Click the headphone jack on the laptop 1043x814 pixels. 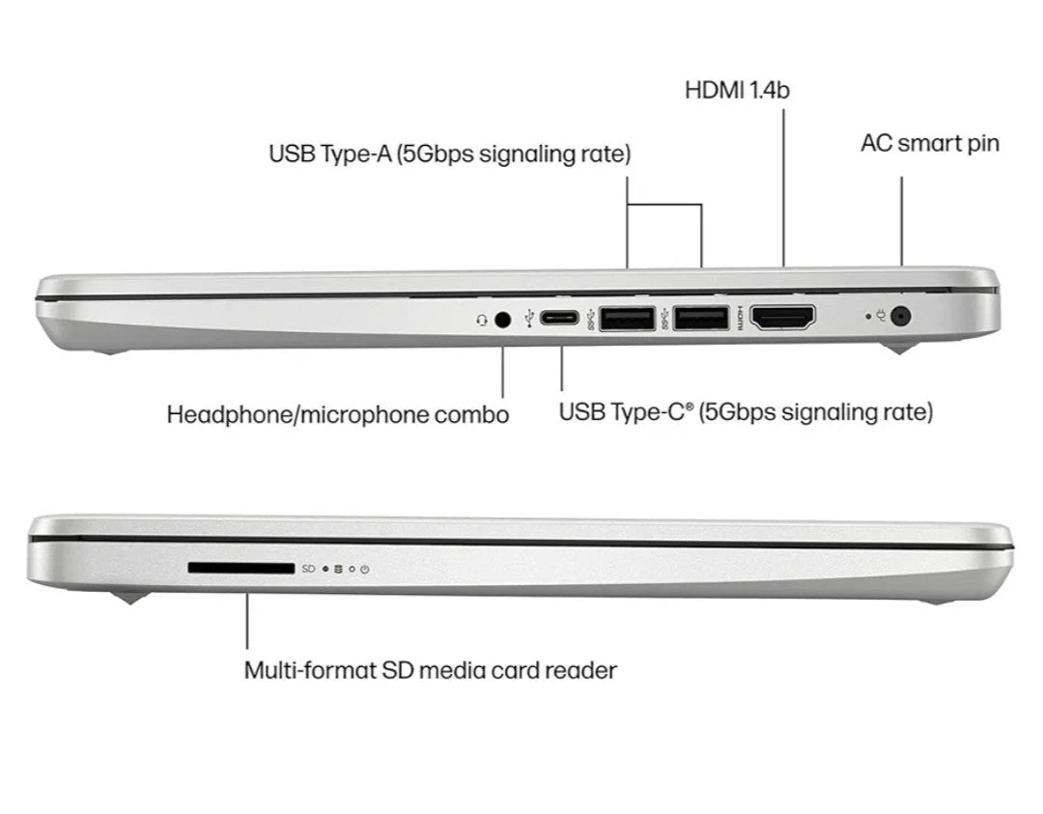click(x=501, y=318)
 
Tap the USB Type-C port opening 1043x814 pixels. click(x=560, y=318)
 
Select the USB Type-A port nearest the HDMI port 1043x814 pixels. click(x=701, y=318)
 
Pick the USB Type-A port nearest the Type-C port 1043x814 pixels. click(x=627, y=318)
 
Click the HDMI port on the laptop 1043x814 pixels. click(x=782, y=318)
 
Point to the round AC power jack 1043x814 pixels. click(x=902, y=316)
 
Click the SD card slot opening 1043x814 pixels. click(x=240, y=570)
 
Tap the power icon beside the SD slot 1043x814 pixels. click(x=365, y=570)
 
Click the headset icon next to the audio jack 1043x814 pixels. click(x=482, y=319)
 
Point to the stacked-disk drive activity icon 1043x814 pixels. click(x=337, y=570)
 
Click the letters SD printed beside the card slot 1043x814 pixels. click(x=309, y=570)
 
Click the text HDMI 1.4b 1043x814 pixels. click(x=739, y=90)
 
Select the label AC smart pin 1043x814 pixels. click(x=929, y=144)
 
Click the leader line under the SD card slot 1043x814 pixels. click(x=247, y=620)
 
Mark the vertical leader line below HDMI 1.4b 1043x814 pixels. click(x=783, y=183)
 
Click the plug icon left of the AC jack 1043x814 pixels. click(x=881, y=316)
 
